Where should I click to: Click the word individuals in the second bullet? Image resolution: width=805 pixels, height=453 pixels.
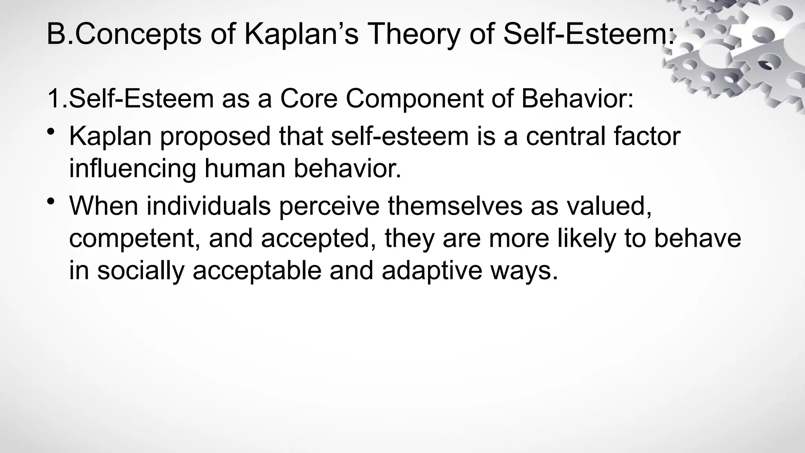[208, 206]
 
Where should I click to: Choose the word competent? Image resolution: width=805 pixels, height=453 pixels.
[134, 238]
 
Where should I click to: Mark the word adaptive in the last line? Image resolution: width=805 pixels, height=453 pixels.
[431, 271]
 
